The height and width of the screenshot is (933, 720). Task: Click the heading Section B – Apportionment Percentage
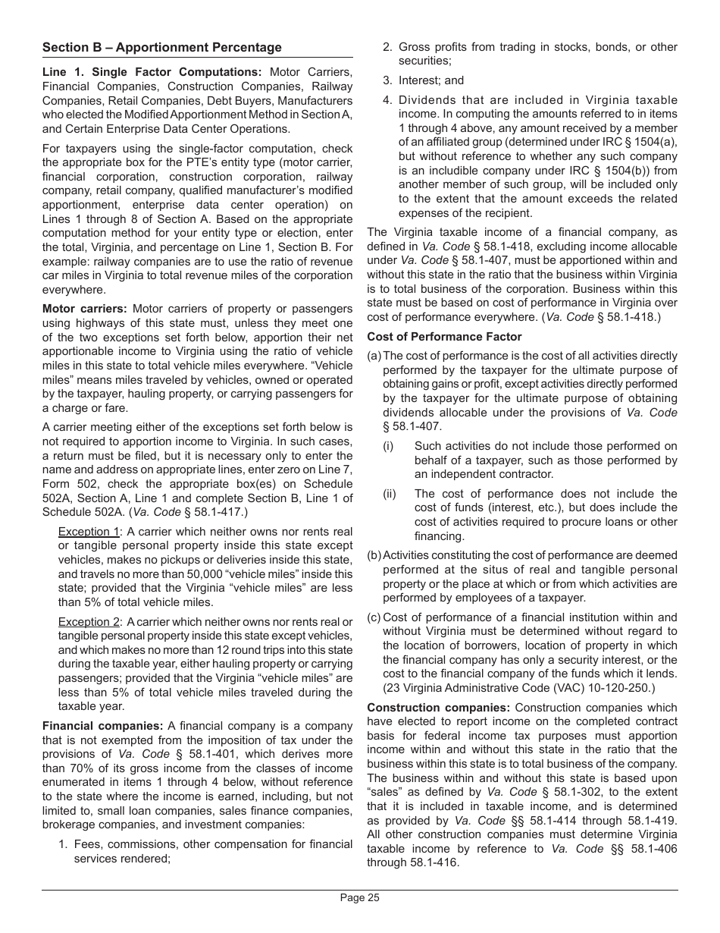click(x=161, y=47)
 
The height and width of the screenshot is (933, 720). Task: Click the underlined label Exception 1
click(x=89, y=532)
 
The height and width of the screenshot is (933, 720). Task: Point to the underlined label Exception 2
click(x=89, y=622)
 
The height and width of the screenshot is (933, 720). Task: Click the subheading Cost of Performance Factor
click(x=444, y=337)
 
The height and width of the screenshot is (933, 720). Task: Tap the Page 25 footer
click(x=359, y=898)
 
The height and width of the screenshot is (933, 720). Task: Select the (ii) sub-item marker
click(x=390, y=494)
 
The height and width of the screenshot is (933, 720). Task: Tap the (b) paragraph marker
click(x=374, y=555)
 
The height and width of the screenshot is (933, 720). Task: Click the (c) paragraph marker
click(x=374, y=617)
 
